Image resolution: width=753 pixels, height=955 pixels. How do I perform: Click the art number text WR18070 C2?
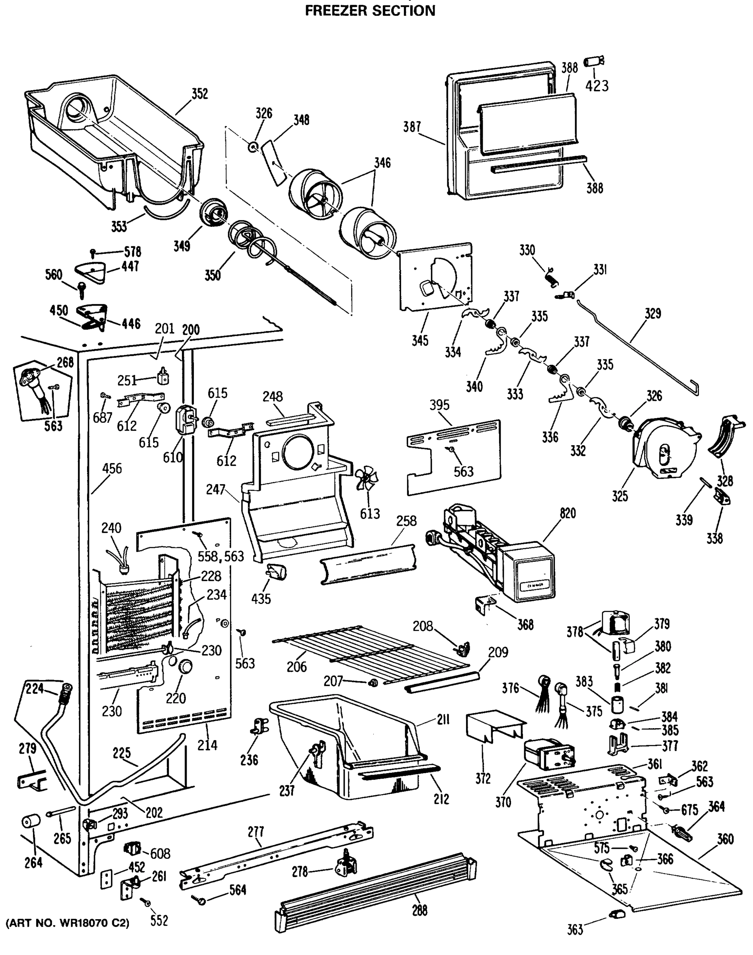tap(67, 923)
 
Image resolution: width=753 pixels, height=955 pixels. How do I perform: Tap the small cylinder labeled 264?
tap(31, 822)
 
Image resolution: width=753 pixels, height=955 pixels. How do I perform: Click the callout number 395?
tap(439, 405)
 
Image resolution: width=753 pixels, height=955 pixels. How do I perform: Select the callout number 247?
tap(216, 489)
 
